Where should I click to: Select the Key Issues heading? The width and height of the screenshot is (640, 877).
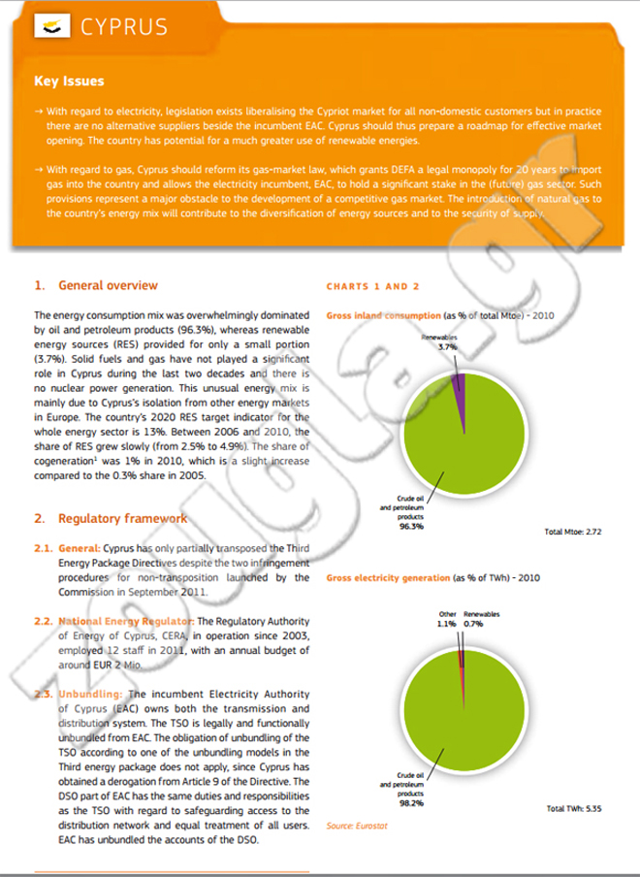coord(69,81)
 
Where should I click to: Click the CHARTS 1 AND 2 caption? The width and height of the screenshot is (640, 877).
coord(372,287)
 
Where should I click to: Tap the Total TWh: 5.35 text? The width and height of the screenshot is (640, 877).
coord(575,807)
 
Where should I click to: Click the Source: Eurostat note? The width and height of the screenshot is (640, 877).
coord(353,826)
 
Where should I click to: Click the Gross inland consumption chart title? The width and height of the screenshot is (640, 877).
coord(383,316)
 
